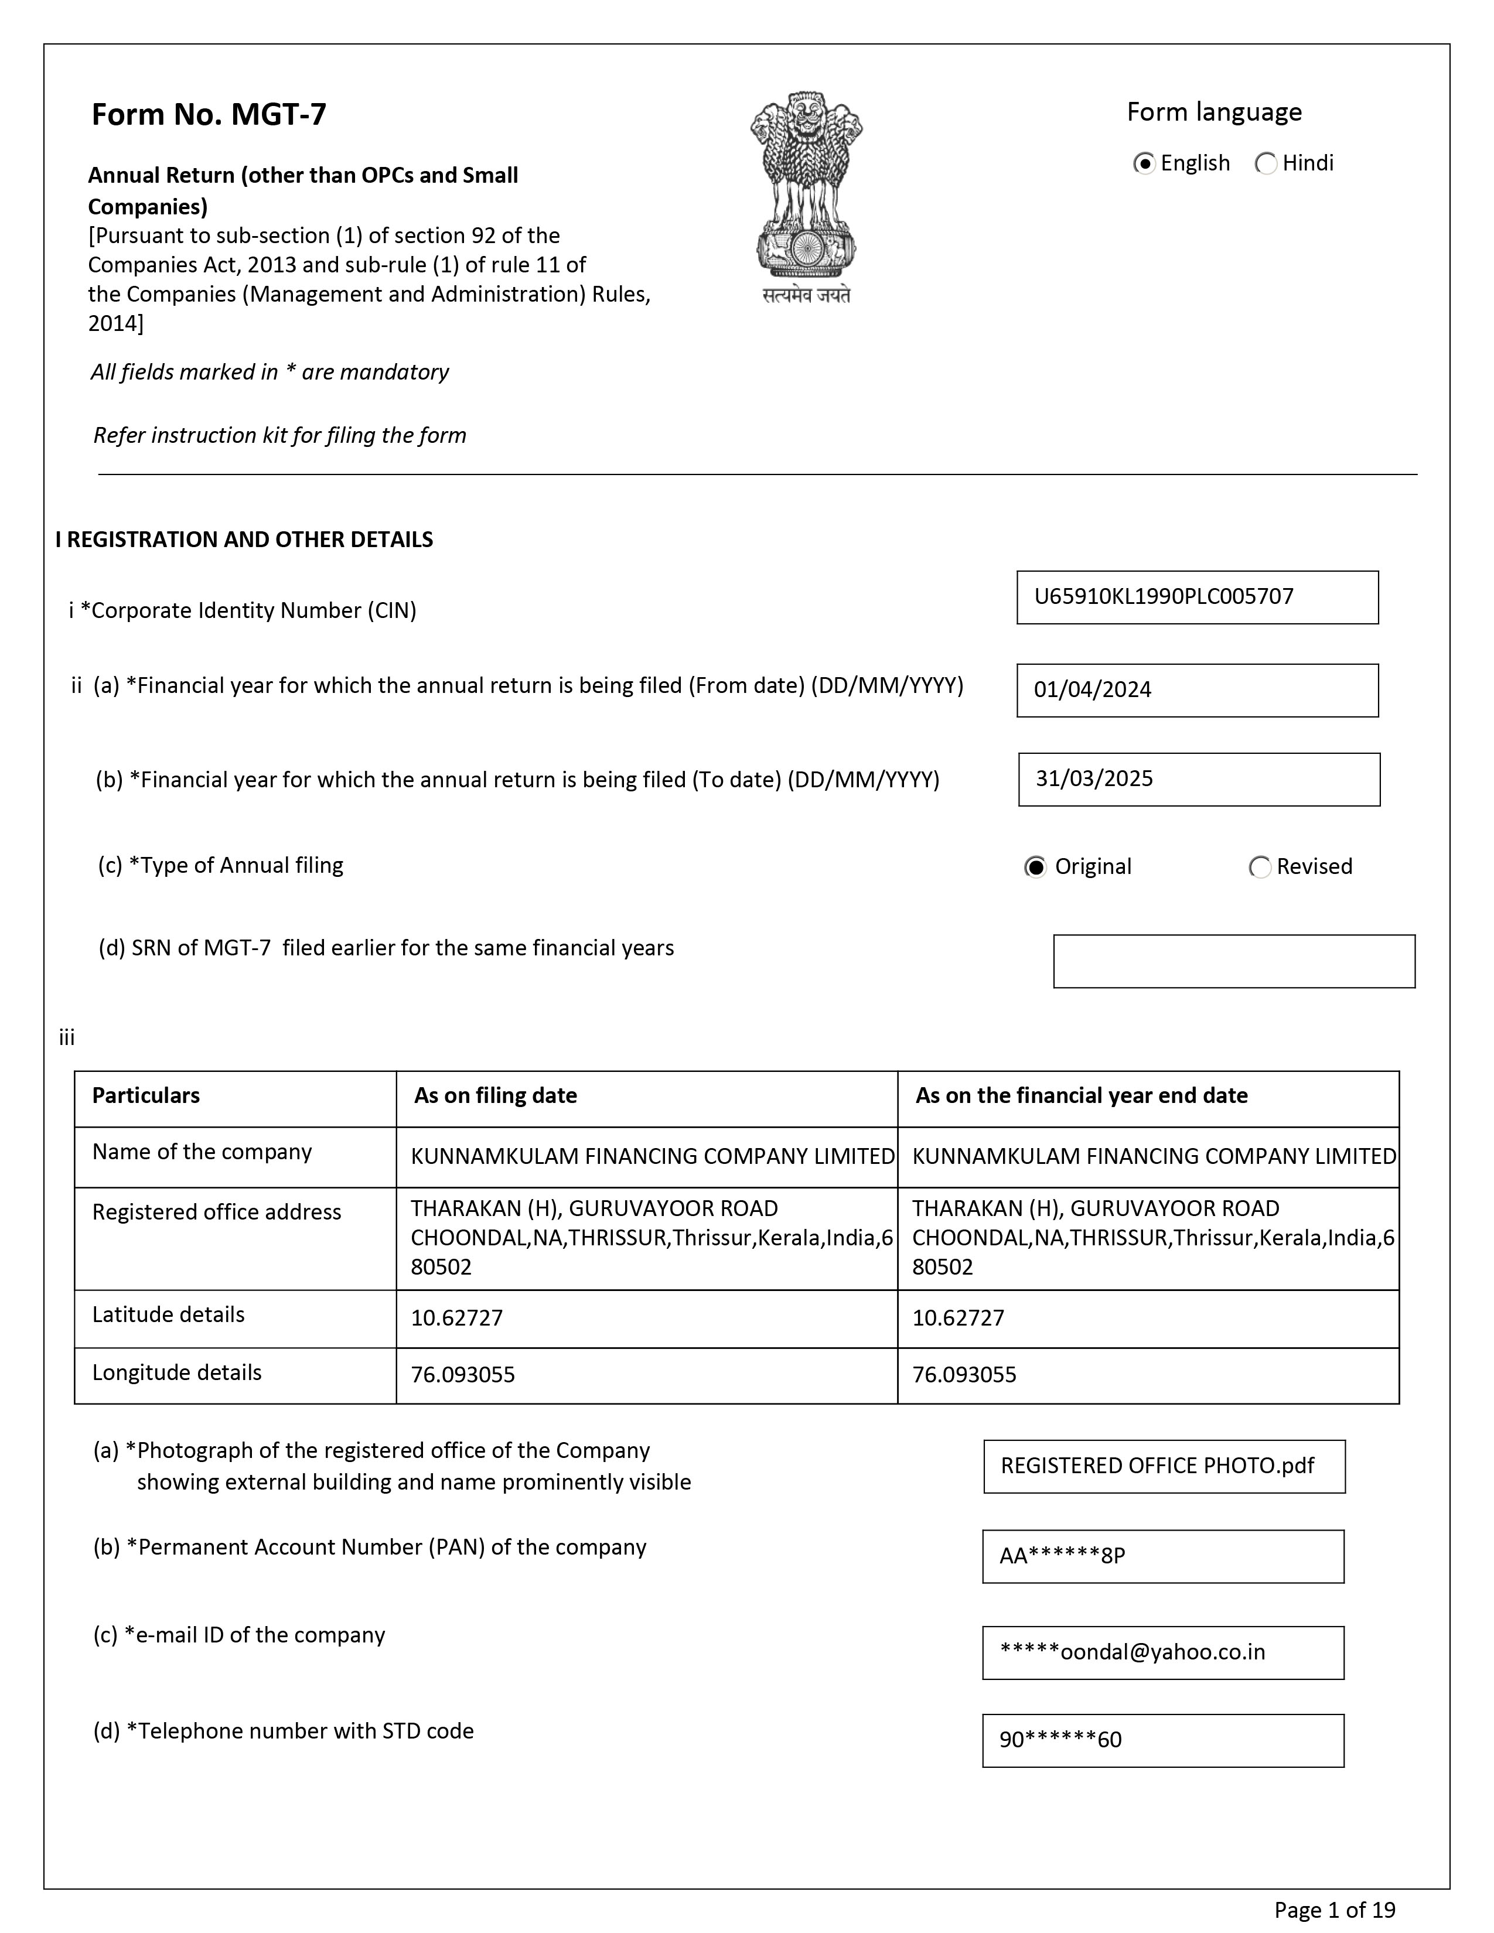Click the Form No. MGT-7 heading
click(209, 114)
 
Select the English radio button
click(1144, 164)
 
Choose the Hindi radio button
click(1266, 164)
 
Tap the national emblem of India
click(806, 196)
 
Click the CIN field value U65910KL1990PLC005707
click(1196, 597)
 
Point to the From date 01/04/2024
click(1196, 691)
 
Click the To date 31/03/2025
click(1198, 780)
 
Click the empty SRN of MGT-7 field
click(1234, 961)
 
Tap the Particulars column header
click(146, 1096)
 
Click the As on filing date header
click(496, 1096)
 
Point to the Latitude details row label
click(168, 1315)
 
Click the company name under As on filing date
click(652, 1157)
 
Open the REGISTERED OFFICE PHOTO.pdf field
click(1164, 1467)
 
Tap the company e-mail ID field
click(1163, 1652)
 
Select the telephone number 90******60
click(1163, 1741)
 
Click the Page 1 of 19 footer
click(1335, 1910)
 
